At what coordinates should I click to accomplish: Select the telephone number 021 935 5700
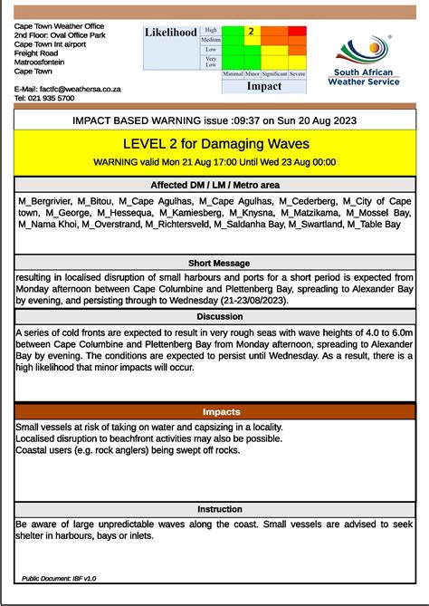tap(54, 98)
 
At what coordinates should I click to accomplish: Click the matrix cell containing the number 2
tap(252, 31)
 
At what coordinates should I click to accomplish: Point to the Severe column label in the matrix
tap(297, 72)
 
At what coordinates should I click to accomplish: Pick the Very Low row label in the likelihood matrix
tap(210, 62)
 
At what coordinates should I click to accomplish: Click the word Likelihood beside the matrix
tap(171, 33)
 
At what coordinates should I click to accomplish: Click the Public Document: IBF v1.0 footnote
tap(59, 578)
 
